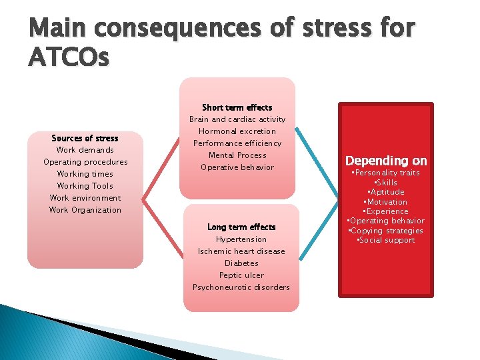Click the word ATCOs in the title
[x=68, y=58]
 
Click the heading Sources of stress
[x=85, y=138]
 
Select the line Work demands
[x=85, y=150]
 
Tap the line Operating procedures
[x=85, y=162]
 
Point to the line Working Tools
[x=85, y=186]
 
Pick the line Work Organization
[x=85, y=210]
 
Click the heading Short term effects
[x=237, y=107]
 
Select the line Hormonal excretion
[x=237, y=131]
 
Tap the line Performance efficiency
[x=237, y=143]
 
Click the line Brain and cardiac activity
[x=237, y=119]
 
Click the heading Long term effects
[x=241, y=227]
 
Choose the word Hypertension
[x=241, y=239]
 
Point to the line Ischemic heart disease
[x=241, y=251]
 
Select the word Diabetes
[x=241, y=263]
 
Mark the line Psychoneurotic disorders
[x=241, y=287]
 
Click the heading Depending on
[x=386, y=161]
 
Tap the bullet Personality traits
[x=386, y=173]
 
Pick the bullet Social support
[x=386, y=240]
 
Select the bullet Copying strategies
[x=386, y=231]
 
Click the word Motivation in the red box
[x=386, y=202]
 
